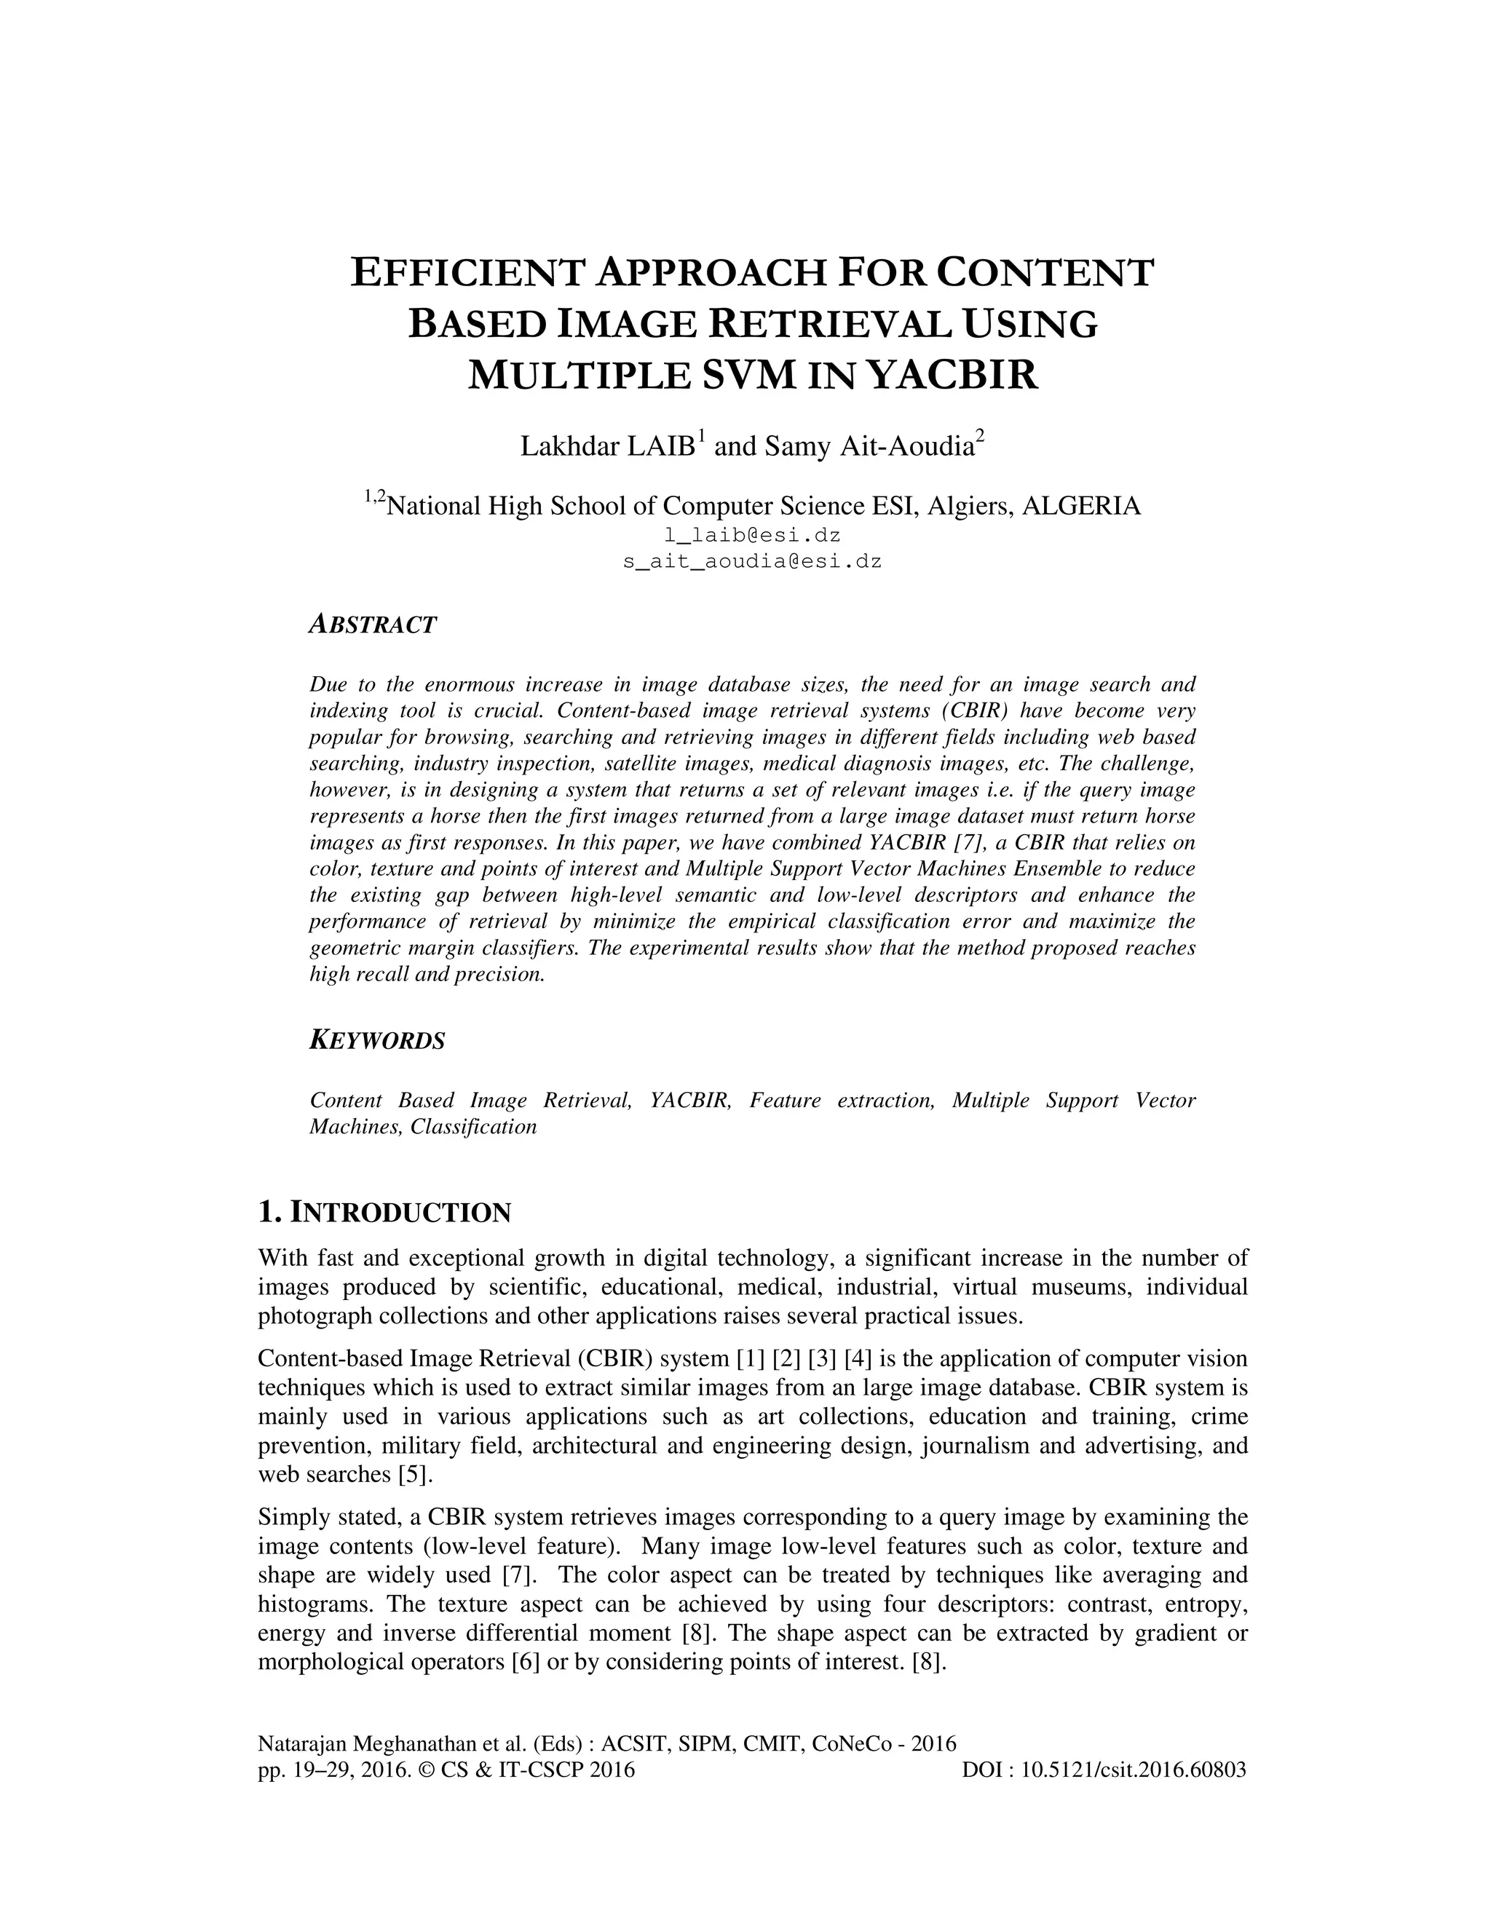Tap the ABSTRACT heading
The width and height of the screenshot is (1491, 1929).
click(373, 625)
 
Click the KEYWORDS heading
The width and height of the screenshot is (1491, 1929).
click(377, 1040)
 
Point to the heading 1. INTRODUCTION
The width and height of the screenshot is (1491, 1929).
click(384, 1213)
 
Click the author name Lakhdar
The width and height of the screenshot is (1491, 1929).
click(570, 447)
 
